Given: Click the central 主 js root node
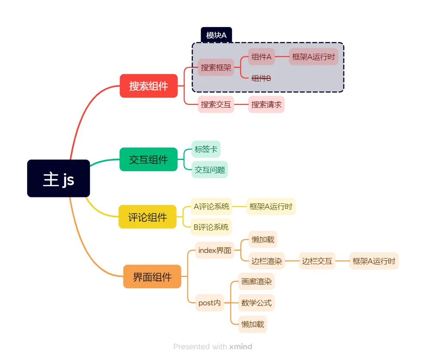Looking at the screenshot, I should [x=58, y=178].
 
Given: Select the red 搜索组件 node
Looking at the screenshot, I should [x=149, y=86].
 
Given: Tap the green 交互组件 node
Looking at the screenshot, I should [x=148, y=160].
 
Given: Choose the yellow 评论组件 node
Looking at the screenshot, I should [x=147, y=217].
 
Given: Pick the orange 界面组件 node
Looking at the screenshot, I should [x=152, y=277].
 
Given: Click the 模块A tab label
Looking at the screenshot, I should [x=216, y=35].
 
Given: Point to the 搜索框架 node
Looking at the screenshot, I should [x=216, y=68].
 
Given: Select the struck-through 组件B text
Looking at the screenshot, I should [x=261, y=78].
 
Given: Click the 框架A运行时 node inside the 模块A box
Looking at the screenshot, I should [x=313, y=56].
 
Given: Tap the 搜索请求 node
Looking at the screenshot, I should [x=267, y=105].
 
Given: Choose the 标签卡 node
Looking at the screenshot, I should [x=206, y=149].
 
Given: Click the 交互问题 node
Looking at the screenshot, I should [x=210, y=169].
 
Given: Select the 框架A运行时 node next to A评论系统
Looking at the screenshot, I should [x=271, y=206].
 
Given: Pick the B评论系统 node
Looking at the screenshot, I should [x=211, y=227].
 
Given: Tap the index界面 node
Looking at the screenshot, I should [x=215, y=250].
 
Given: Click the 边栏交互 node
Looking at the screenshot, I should [x=317, y=261].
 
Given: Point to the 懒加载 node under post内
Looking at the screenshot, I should [x=253, y=324].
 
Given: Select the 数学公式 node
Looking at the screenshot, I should [x=256, y=303].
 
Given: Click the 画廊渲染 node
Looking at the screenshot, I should [x=256, y=282].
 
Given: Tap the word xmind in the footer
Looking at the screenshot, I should [x=241, y=347].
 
